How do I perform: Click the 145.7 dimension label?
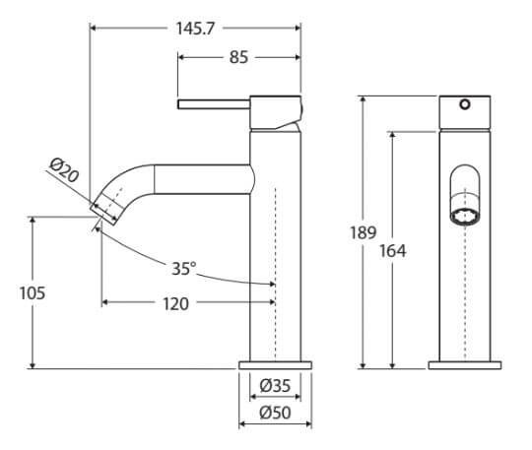(x=195, y=29)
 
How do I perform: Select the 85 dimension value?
(x=238, y=57)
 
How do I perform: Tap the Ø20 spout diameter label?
(x=64, y=170)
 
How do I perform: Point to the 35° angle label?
(x=184, y=269)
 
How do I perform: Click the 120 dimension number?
(x=175, y=304)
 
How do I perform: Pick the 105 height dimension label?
(x=33, y=293)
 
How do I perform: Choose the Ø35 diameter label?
(x=275, y=386)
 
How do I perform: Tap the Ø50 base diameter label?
(x=275, y=413)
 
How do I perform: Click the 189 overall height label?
(x=363, y=232)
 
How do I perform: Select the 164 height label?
(x=392, y=251)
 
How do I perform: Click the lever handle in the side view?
(x=214, y=104)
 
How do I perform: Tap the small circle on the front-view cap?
(x=465, y=104)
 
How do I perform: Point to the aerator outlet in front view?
(x=465, y=217)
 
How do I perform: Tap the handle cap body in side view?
(x=276, y=112)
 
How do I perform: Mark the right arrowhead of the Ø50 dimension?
(x=308, y=423)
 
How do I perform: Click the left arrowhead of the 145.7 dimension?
(x=94, y=29)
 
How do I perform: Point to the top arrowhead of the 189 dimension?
(x=363, y=99)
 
